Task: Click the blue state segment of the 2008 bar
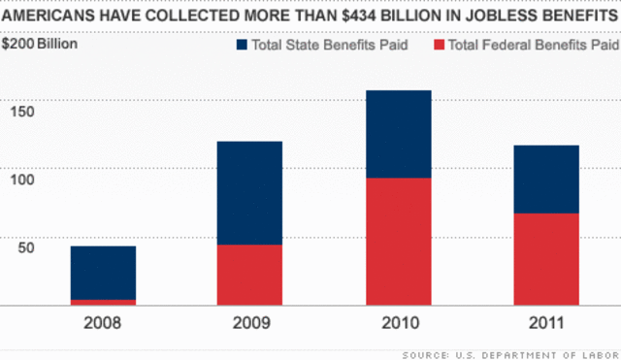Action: pyautogui.click(x=103, y=273)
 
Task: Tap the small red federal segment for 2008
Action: pyautogui.click(x=103, y=302)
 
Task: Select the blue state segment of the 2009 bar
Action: pyautogui.click(x=249, y=193)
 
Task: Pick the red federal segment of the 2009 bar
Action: pyautogui.click(x=249, y=275)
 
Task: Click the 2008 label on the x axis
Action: pyautogui.click(x=103, y=322)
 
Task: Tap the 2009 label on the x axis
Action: pyautogui.click(x=249, y=322)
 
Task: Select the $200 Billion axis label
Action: pyautogui.click(x=40, y=44)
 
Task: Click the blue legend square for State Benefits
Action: pyautogui.click(x=243, y=45)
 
